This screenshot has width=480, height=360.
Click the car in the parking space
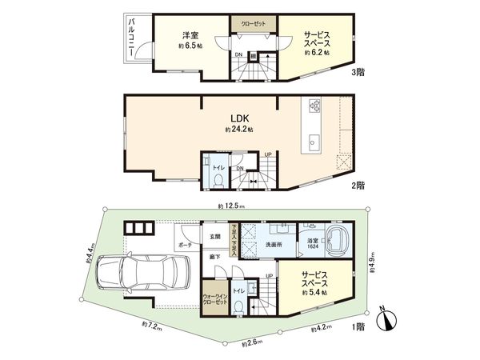[133, 274]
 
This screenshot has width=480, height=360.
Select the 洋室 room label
[190, 35]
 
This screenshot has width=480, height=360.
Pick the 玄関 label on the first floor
[214, 236]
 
